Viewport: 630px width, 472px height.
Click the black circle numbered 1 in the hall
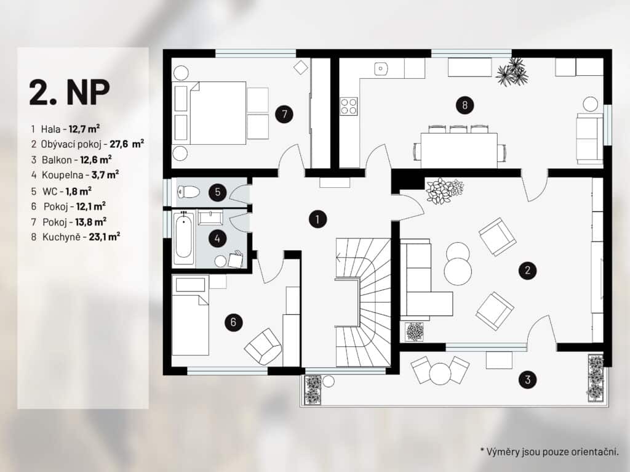click(x=317, y=219)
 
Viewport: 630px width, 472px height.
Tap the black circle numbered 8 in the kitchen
click(x=465, y=105)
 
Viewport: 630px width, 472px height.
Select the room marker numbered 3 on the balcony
click(x=528, y=379)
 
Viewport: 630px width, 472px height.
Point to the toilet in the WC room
click(x=188, y=192)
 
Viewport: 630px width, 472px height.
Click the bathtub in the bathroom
click(x=183, y=238)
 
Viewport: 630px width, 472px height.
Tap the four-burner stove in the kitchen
click(x=349, y=106)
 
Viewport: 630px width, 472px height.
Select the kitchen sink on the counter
click(x=381, y=69)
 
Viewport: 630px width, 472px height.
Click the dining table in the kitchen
click(x=459, y=150)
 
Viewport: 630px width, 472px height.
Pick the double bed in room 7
click(x=209, y=113)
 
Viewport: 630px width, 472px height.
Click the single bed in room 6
click(x=191, y=315)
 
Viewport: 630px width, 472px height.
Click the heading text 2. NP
click(x=69, y=92)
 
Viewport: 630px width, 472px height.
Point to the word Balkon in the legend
click(x=57, y=160)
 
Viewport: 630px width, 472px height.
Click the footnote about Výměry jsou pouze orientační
click(x=549, y=452)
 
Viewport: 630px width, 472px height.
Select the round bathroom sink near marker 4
click(x=220, y=261)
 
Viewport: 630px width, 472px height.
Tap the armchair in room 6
click(x=263, y=347)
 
